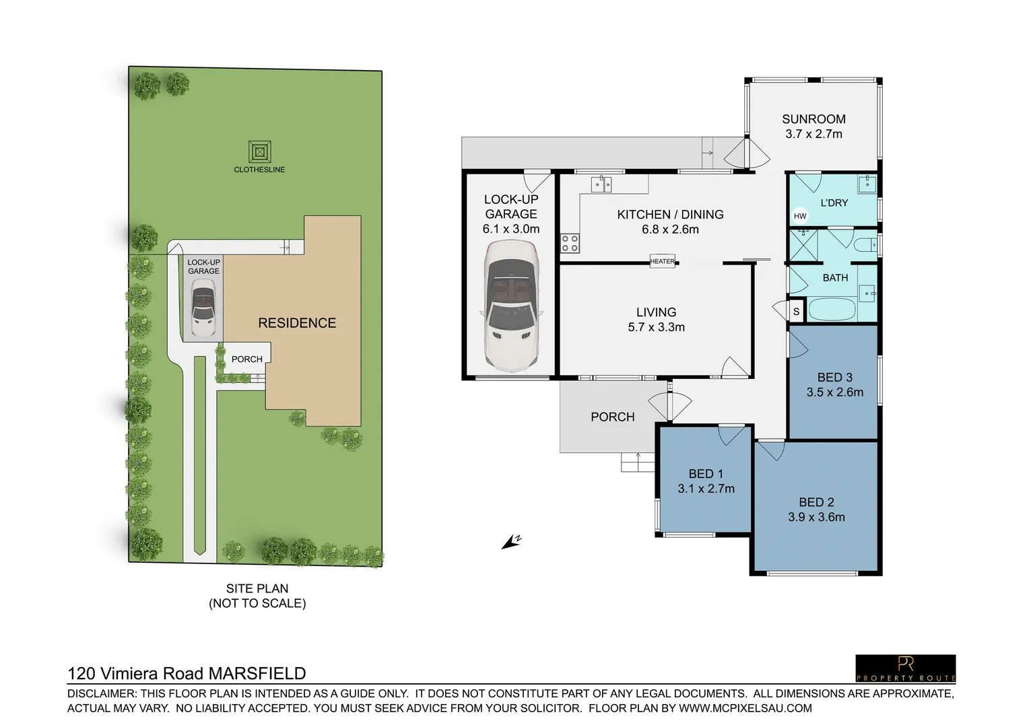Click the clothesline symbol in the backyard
[259, 152]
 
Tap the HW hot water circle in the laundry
[800, 216]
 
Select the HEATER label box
[662, 261]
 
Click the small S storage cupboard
[796, 311]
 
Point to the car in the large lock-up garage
[511, 307]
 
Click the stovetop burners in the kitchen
[570, 243]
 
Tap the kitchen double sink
[601, 184]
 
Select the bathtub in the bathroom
[831, 310]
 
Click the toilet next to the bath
[865, 244]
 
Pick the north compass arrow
[511, 542]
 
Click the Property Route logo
[905, 668]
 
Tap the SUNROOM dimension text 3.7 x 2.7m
[814, 134]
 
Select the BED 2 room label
[816, 502]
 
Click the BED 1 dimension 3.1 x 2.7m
[706, 489]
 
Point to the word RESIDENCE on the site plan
[297, 323]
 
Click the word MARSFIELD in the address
[257, 673]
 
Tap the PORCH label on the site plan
[247, 359]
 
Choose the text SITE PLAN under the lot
[257, 588]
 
